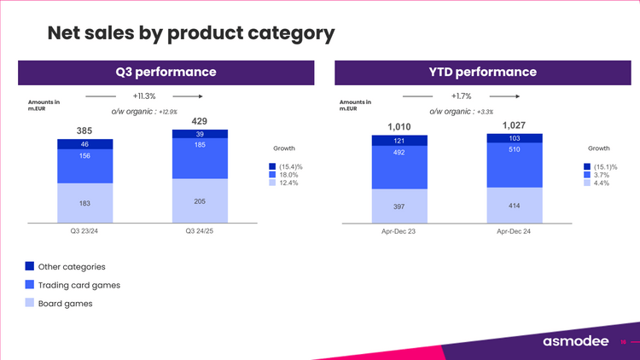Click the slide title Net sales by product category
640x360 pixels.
point(190,33)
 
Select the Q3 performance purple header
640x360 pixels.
point(166,72)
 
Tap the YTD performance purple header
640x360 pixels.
point(482,72)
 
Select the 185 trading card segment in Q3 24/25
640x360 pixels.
point(200,158)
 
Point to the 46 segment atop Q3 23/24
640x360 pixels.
point(85,145)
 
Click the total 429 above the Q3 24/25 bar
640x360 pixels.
point(200,121)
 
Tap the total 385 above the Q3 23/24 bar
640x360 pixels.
point(85,131)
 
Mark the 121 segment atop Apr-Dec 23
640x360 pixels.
point(399,141)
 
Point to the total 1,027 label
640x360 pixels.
point(514,125)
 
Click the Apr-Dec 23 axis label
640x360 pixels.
point(399,230)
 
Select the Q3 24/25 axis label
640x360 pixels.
point(200,230)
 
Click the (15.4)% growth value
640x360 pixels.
point(292,166)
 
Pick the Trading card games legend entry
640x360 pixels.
point(79,285)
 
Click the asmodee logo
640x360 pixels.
point(575,341)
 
